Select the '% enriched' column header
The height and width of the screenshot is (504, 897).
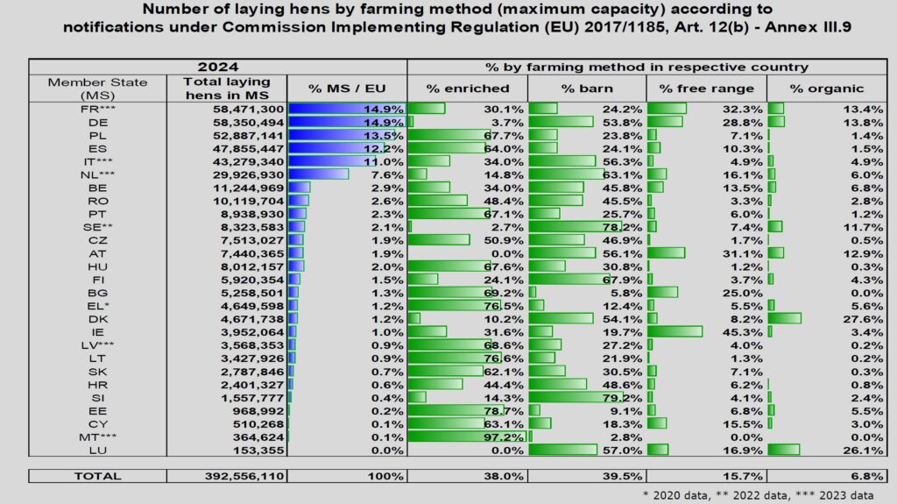tap(467, 89)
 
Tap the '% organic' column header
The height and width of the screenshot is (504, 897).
tap(826, 89)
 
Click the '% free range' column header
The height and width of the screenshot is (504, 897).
tap(706, 89)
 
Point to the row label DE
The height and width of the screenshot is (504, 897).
tap(86, 124)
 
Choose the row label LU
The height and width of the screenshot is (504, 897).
tap(86, 450)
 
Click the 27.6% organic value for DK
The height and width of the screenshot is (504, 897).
tap(868, 319)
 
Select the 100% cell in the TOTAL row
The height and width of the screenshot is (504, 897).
tap(386, 476)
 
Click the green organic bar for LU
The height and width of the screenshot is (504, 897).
tap(783, 450)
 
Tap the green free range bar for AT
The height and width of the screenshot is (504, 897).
tap(666, 252)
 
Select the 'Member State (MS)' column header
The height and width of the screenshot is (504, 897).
tap(86, 89)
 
